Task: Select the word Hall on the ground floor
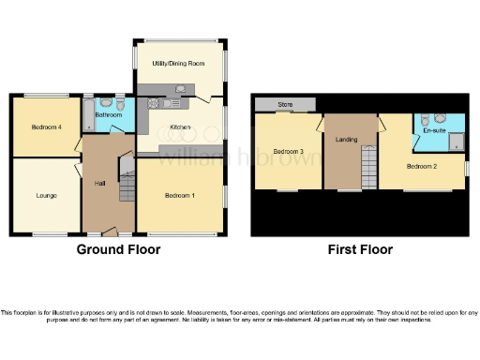pos(98,183)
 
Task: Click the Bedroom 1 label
pos(180,196)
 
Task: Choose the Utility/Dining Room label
pos(178,63)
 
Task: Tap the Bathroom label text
pos(109,114)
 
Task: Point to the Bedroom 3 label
pos(289,152)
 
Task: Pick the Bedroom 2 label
pos(422,166)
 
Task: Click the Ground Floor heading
pos(118,249)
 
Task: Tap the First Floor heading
pos(359,249)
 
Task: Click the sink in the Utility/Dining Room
pos(181,89)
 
